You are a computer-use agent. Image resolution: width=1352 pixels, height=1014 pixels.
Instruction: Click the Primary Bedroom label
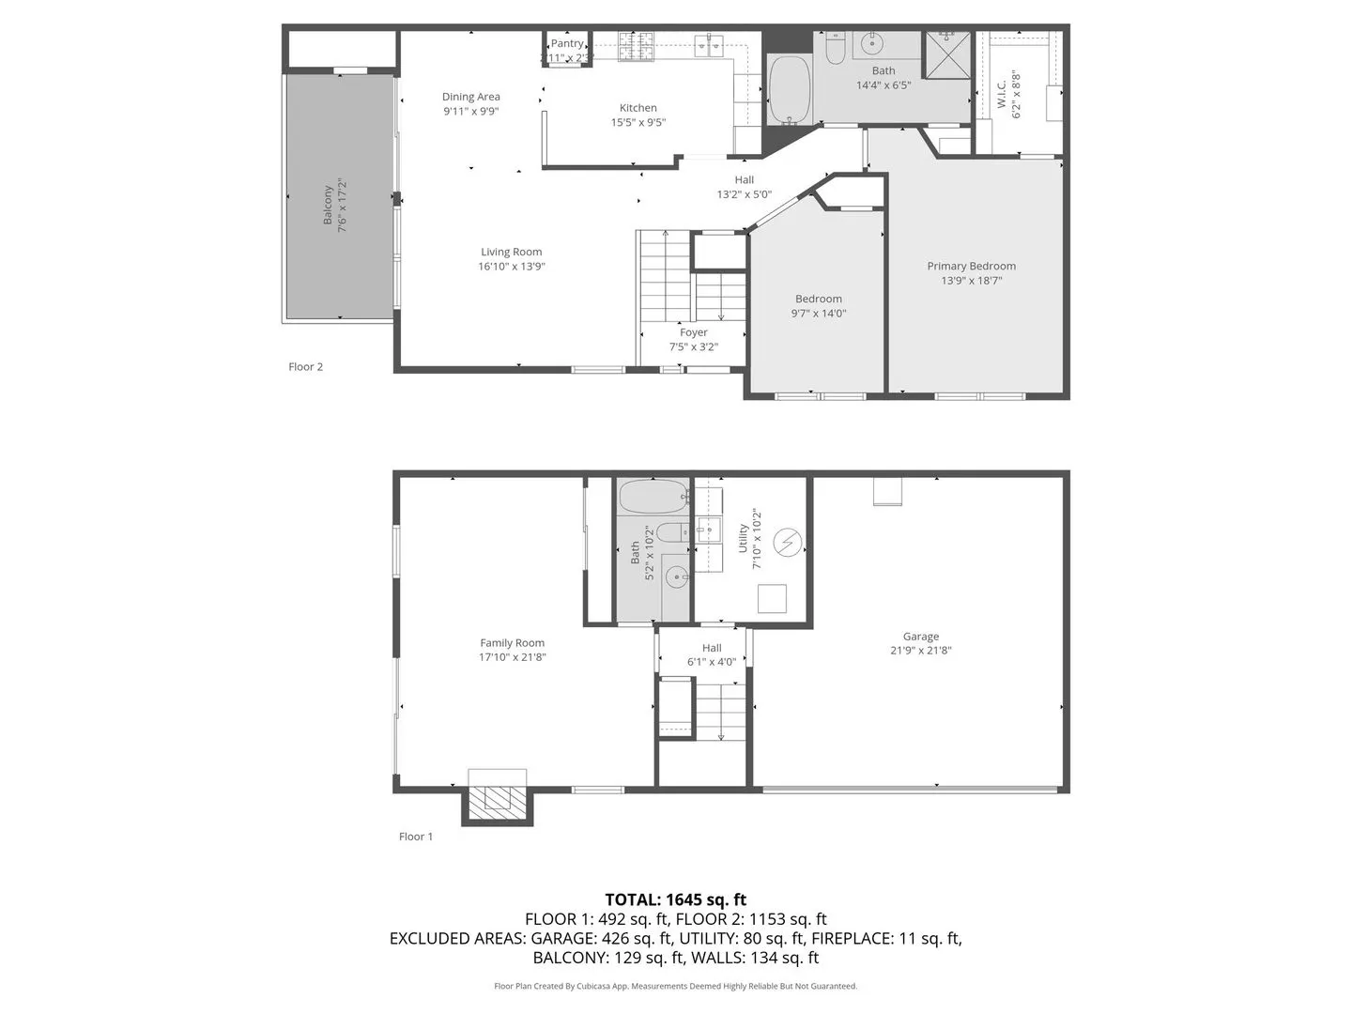pyautogui.click(x=971, y=266)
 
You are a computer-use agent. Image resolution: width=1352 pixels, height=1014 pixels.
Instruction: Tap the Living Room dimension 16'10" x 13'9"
pyautogui.click(x=512, y=267)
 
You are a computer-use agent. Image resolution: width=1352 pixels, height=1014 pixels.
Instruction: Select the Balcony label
pyautogui.click(x=329, y=204)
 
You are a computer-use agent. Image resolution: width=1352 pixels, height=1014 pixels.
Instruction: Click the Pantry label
pyautogui.click(x=567, y=43)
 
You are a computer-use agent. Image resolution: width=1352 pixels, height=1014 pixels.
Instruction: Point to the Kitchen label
pyautogui.click(x=638, y=108)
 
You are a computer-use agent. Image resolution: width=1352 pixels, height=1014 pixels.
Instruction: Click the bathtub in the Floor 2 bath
pyautogui.click(x=790, y=90)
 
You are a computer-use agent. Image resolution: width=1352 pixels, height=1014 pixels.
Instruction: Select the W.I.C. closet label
pyautogui.click(x=1002, y=94)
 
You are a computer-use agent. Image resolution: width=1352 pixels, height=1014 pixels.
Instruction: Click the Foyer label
pyautogui.click(x=694, y=332)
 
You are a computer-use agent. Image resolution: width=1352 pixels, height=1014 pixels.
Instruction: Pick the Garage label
pyautogui.click(x=921, y=636)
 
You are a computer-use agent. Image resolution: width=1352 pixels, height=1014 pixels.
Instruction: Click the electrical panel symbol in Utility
pyautogui.click(x=788, y=543)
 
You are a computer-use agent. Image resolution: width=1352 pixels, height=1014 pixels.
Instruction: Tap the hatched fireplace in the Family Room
pyautogui.click(x=498, y=800)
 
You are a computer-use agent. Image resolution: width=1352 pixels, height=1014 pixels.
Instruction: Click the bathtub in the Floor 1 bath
pyautogui.click(x=654, y=497)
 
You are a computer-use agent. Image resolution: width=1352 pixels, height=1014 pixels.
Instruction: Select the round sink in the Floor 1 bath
pyautogui.click(x=676, y=577)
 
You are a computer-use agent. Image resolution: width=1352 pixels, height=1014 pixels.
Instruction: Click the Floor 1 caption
pyautogui.click(x=416, y=837)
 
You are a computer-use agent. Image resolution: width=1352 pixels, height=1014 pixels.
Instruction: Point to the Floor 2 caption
pyautogui.click(x=305, y=367)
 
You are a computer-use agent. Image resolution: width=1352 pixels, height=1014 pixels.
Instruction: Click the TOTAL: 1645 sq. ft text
pyautogui.click(x=675, y=899)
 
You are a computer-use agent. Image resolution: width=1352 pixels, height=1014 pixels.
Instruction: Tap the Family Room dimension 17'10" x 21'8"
pyautogui.click(x=512, y=657)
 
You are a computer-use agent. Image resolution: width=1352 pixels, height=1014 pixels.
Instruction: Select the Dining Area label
pyautogui.click(x=471, y=97)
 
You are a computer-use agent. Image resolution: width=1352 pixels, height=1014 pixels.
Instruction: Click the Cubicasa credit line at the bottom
pyautogui.click(x=675, y=986)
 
